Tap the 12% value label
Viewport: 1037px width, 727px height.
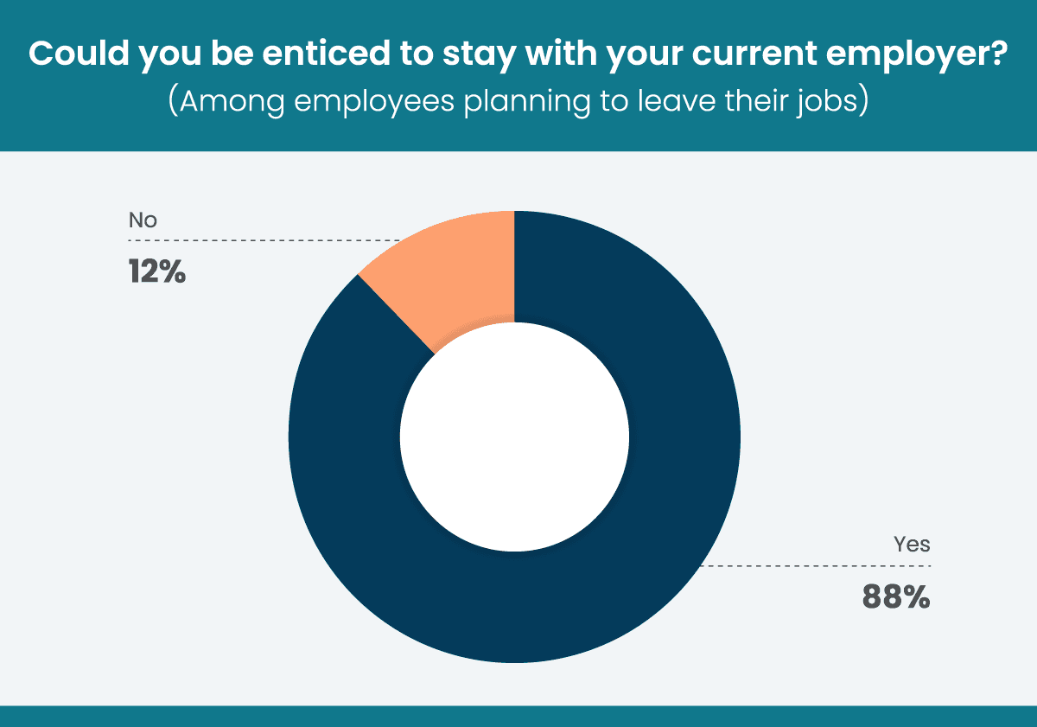point(157,272)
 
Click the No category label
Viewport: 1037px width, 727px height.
point(143,220)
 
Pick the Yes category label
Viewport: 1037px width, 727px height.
point(912,545)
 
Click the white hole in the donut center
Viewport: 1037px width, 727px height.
point(514,437)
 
